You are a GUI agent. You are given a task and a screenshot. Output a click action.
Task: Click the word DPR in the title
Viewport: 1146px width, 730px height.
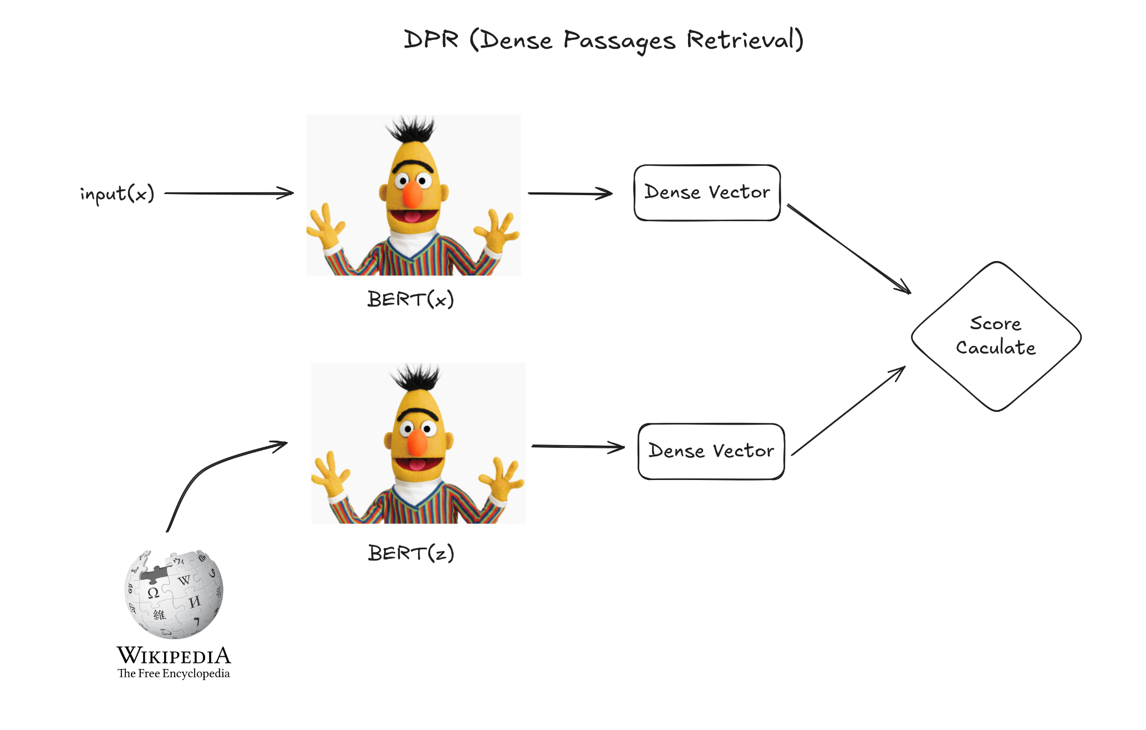coord(431,39)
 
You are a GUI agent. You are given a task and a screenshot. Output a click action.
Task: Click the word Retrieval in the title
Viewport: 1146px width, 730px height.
coord(745,40)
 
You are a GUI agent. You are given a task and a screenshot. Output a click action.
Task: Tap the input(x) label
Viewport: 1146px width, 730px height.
coord(117,193)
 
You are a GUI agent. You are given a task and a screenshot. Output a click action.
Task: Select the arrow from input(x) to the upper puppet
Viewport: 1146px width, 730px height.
coord(228,193)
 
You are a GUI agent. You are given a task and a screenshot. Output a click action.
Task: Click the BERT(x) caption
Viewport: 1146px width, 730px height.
coord(411,299)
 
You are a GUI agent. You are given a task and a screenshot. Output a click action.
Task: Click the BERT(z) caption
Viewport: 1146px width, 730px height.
coord(411,553)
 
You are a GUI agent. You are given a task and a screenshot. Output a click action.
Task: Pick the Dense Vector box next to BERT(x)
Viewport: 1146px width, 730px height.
coord(707,192)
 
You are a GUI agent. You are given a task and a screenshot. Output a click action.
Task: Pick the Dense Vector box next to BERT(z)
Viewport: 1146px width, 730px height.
coord(711,451)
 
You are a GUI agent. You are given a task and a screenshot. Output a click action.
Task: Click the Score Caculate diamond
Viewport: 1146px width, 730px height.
coord(996,336)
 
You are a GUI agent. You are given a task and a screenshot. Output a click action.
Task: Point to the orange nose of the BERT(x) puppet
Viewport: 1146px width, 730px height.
coord(412,194)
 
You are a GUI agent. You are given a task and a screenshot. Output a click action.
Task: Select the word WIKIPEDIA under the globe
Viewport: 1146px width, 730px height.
coord(174,656)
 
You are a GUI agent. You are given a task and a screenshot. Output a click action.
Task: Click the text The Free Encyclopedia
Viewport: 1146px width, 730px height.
coord(174,673)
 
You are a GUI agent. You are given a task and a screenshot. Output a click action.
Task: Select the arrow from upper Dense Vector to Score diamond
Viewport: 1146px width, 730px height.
coord(848,248)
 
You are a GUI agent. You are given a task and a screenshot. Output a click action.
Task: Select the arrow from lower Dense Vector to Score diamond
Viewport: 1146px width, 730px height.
coord(848,411)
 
